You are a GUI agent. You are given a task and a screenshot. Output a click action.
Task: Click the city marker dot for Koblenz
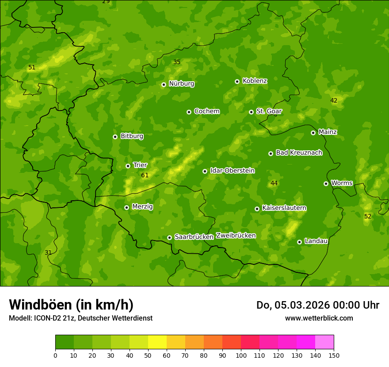(x=237, y=81)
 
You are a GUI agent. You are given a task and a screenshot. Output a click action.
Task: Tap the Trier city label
(x=140, y=165)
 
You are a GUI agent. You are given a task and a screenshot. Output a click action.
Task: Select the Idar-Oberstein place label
(x=232, y=170)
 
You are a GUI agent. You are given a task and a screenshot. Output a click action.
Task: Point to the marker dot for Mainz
(x=313, y=133)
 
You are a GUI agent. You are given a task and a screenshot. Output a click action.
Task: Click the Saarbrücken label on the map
(x=194, y=237)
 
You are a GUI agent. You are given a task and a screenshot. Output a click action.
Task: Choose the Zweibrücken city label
(x=236, y=235)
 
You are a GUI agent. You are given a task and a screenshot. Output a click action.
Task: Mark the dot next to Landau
(x=299, y=242)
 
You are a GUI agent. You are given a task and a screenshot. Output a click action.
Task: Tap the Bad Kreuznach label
(x=299, y=153)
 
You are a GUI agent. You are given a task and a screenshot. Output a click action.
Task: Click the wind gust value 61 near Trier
(x=145, y=176)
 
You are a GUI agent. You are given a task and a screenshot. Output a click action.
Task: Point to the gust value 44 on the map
(x=274, y=183)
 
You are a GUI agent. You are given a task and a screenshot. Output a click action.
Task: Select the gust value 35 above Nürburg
(x=177, y=62)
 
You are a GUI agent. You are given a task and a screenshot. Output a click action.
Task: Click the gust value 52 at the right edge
(x=368, y=216)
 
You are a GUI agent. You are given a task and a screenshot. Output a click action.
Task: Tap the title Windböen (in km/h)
(x=71, y=305)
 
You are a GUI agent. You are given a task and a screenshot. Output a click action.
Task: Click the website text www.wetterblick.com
(x=319, y=318)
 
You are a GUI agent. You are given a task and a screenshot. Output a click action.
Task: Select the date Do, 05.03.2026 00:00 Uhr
(x=317, y=305)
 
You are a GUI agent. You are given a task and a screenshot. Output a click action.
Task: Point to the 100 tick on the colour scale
(x=241, y=355)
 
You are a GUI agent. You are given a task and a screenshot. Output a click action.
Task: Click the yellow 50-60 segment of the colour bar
(x=157, y=342)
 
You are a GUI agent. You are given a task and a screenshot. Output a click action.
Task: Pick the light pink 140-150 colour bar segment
(x=324, y=342)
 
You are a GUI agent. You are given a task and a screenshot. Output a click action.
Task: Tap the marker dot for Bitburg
(x=115, y=137)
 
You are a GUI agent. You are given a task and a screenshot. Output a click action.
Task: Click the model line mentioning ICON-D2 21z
(x=80, y=318)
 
